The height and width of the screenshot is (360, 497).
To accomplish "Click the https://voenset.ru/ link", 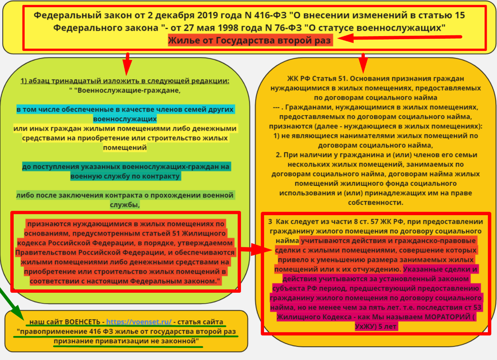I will coord(139,322).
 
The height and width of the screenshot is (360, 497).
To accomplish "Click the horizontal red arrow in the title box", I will coord(399,38).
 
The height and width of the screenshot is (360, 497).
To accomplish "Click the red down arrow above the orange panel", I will coord(363,63).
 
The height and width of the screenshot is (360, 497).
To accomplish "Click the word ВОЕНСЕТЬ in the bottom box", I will coord(82,322).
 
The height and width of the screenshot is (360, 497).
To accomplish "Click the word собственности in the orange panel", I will coord(375,203).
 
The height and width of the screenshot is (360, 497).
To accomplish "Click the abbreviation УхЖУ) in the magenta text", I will coord(367,327).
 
